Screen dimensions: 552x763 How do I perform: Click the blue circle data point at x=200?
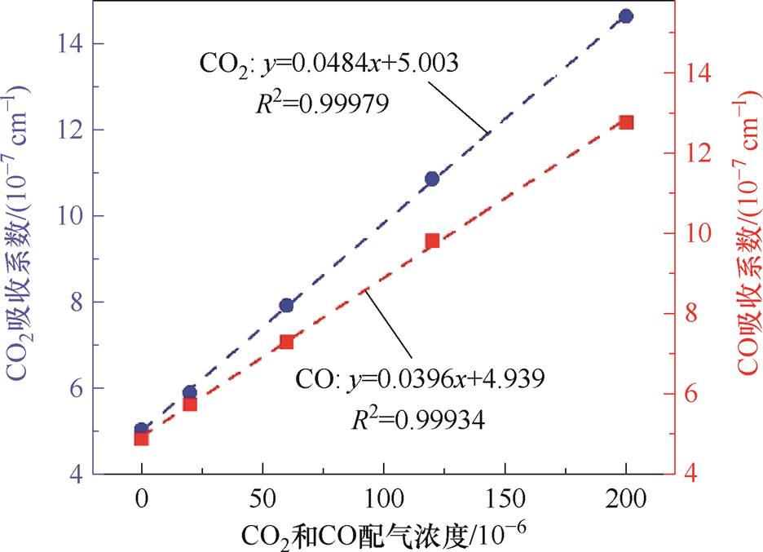point(626,16)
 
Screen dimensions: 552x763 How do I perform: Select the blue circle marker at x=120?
point(432,179)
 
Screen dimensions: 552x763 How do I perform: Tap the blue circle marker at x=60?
point(286,305)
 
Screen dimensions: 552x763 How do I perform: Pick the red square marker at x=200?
point(626,122)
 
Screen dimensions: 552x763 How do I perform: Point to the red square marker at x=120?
point(432,241)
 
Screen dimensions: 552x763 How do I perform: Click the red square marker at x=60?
point(286,342)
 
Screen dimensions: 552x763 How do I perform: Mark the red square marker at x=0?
point(141,438)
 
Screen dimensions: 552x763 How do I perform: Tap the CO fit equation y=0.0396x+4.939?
point(417,380)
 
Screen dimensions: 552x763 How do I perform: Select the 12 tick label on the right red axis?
point(701,153)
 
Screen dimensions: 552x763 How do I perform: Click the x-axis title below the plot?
point(383,536)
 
